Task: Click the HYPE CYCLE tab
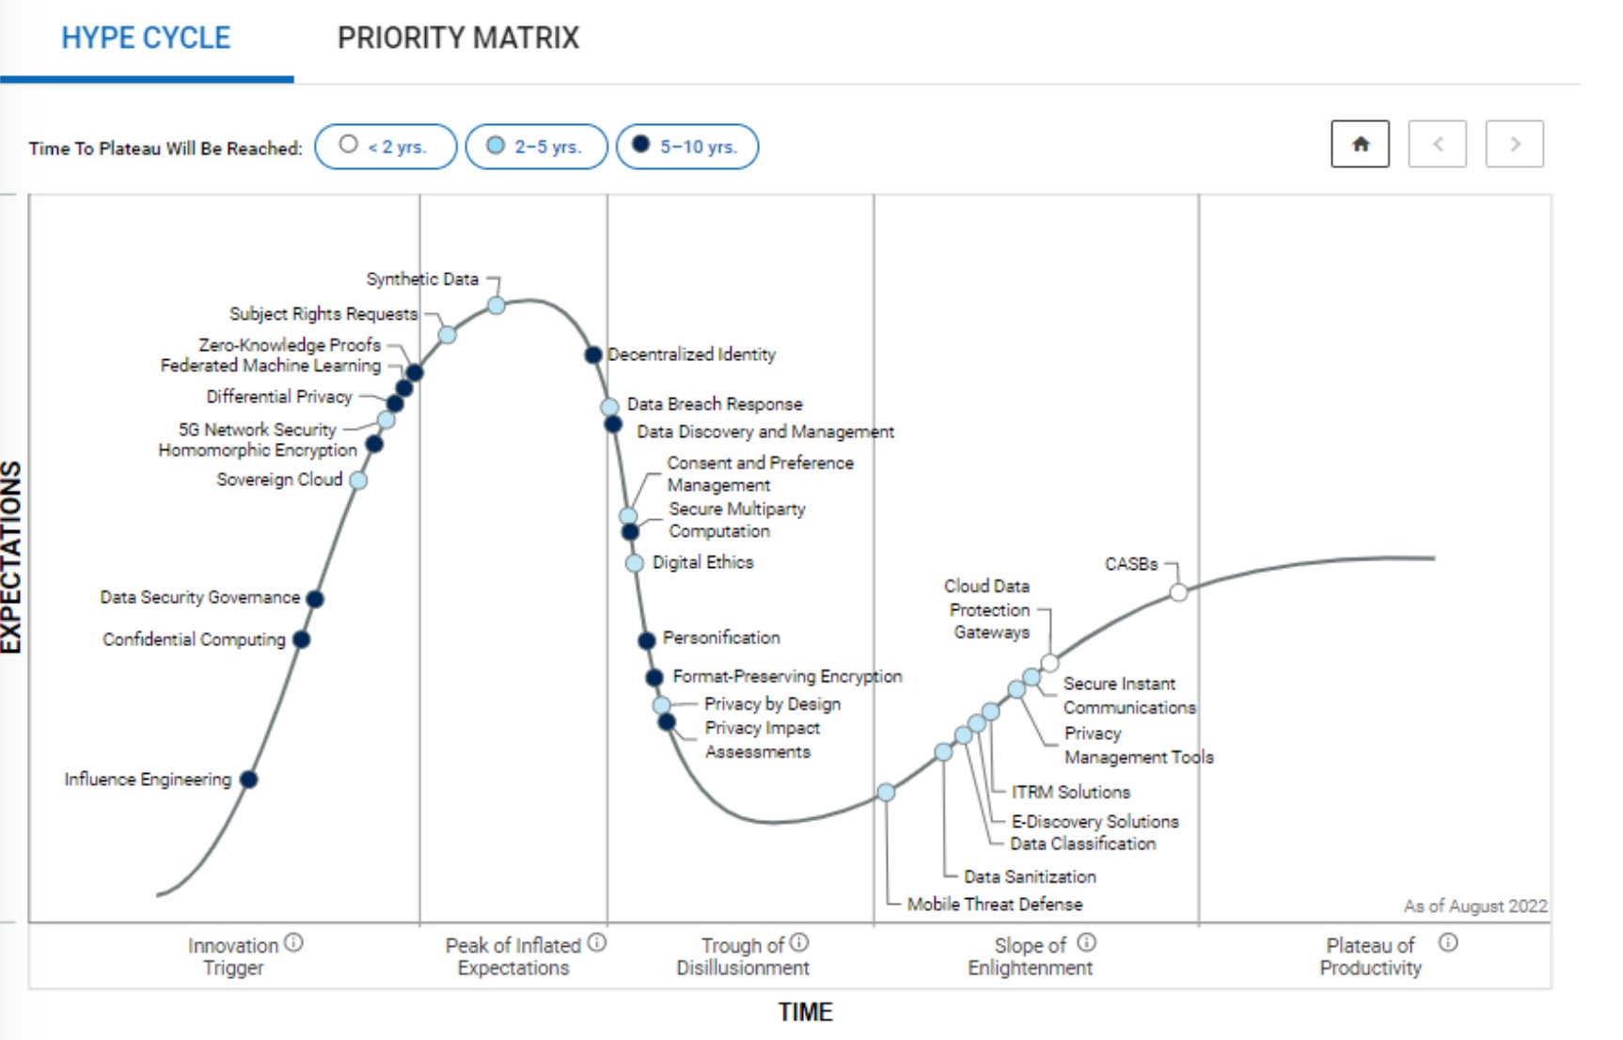click(146, 39)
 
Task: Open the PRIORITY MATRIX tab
click(458, 39)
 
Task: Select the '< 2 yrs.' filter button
click(386, 147)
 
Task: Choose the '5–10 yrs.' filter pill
click(686, 147)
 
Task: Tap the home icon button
click(1360, 145)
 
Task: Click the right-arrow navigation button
click(1514, 145)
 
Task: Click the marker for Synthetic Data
click(496, 306)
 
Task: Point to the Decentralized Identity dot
click(593, 355)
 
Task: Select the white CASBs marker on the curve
click(1178, 592)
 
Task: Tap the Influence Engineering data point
click(249, 780)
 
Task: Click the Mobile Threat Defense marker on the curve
click(886, 793)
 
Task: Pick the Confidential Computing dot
click(302, 639)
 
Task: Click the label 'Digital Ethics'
click(702, 562)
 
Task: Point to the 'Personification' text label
click(721, 638)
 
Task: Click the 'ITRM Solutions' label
click(1070, 792)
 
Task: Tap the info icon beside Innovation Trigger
click(293, 942)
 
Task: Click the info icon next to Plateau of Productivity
click(1448, 942)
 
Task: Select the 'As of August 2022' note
click(1474, 906)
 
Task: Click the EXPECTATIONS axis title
click(11, 557)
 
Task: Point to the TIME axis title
click(805, 1013)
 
